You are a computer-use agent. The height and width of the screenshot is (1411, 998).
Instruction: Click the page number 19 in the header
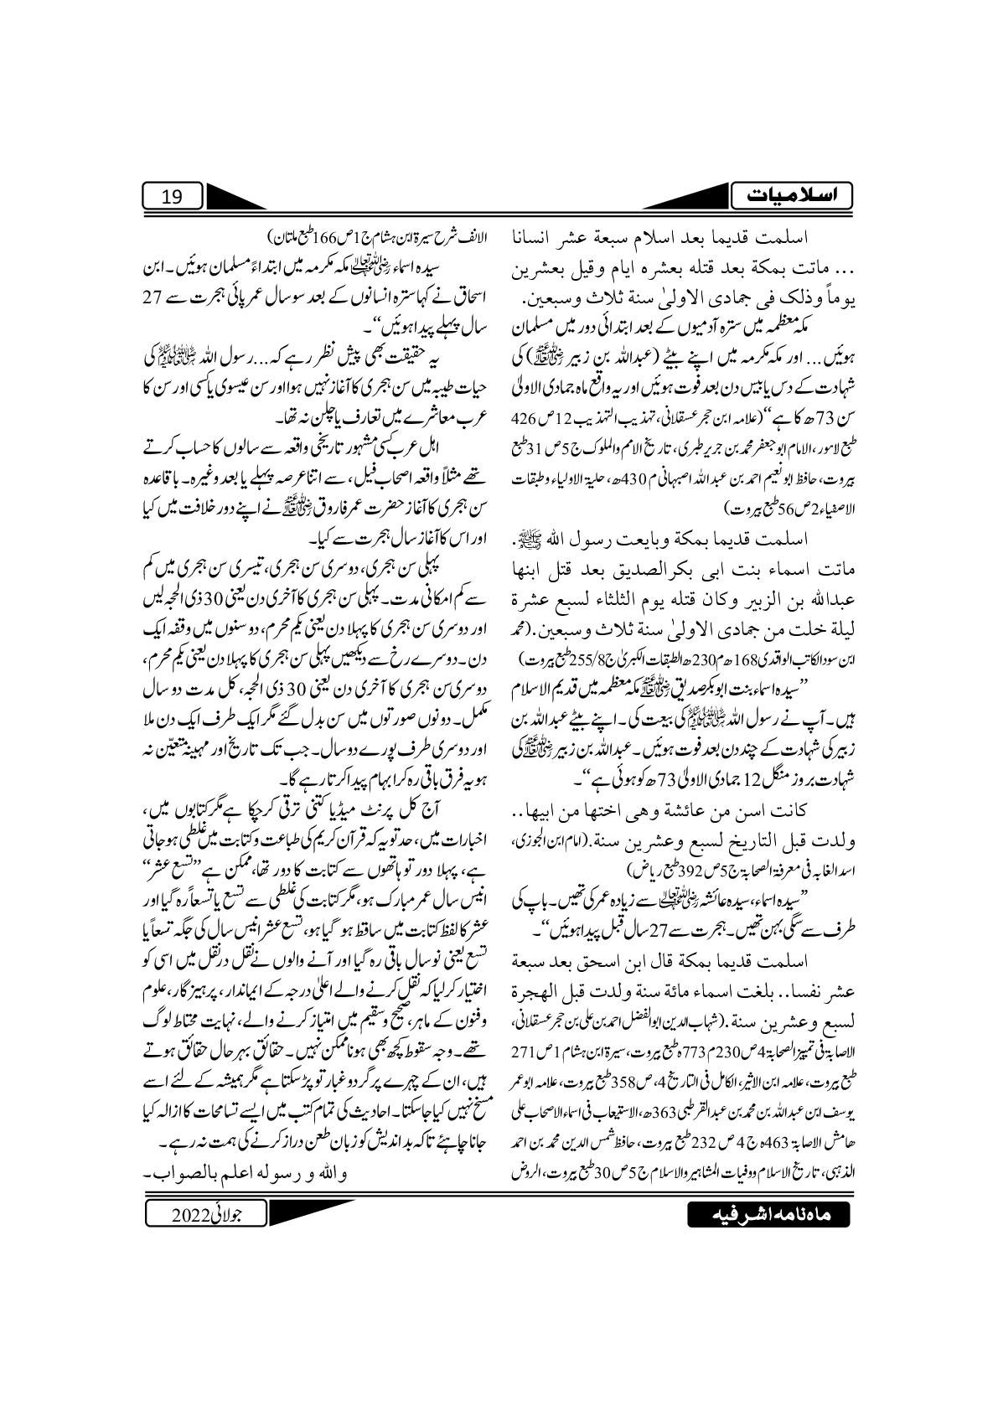tap(171, 198)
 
